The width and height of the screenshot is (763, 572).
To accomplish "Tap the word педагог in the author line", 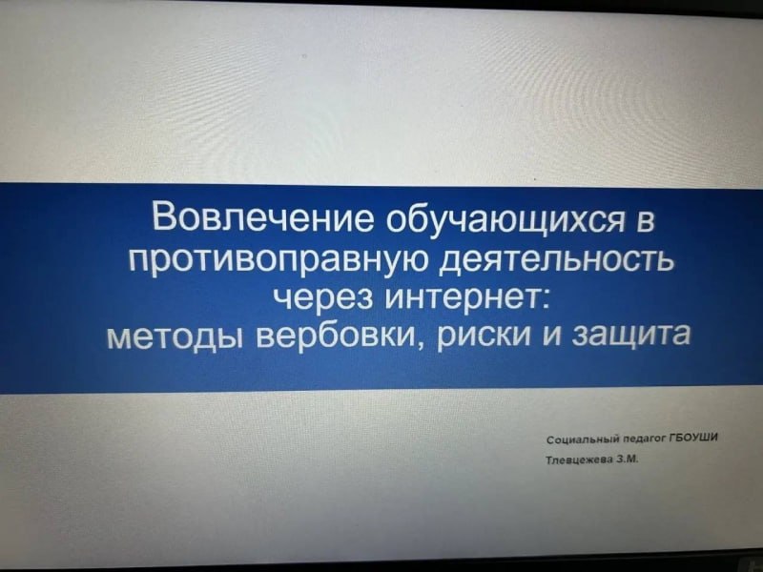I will pos(643,440).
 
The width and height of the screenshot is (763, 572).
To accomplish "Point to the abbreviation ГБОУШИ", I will pos(694,439).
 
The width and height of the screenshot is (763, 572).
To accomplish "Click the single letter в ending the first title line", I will pos(648,223).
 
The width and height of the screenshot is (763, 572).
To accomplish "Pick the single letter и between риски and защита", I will pos(544,338).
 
